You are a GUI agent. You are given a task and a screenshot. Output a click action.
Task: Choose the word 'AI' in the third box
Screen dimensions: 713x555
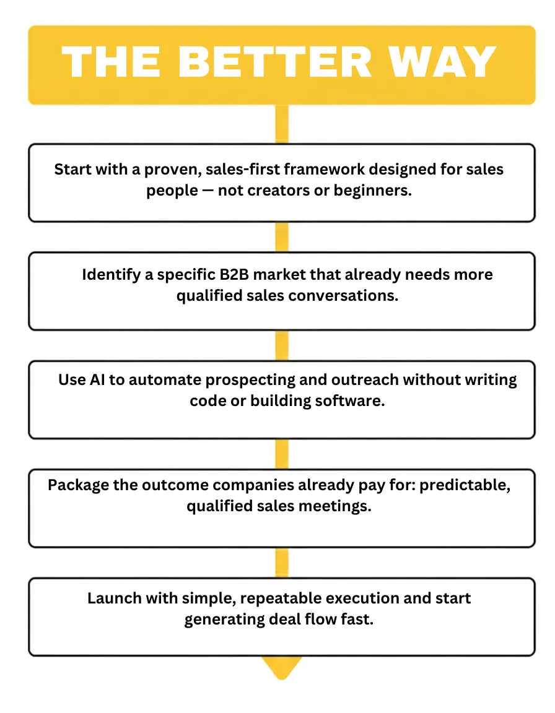coord(100,379)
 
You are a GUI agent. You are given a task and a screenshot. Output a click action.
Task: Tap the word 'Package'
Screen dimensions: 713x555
coord(79,485)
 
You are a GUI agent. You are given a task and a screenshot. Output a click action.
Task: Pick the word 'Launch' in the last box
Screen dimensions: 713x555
coord(113,598)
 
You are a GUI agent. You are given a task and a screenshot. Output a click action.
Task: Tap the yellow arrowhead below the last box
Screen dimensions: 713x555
coord(282,667)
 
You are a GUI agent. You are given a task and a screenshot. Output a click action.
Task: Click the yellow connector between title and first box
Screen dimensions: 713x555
coord(282,124)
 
